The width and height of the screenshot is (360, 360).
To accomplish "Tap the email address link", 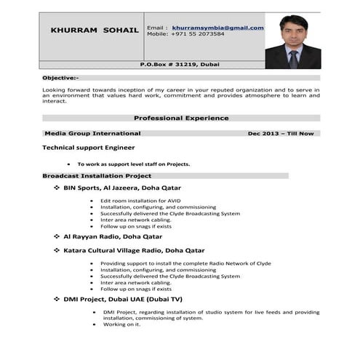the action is [x=217, y=27].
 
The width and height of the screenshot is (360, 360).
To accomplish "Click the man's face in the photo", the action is [x=292, y=31].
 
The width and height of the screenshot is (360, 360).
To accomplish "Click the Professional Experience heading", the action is [x=181, y=118].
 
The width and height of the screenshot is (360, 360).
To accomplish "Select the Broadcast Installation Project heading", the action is [x=97, y=176].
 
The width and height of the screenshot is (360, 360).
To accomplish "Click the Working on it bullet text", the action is [x=121, y=324].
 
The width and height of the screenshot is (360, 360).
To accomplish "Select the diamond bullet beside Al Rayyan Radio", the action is [x=57, y=237].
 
